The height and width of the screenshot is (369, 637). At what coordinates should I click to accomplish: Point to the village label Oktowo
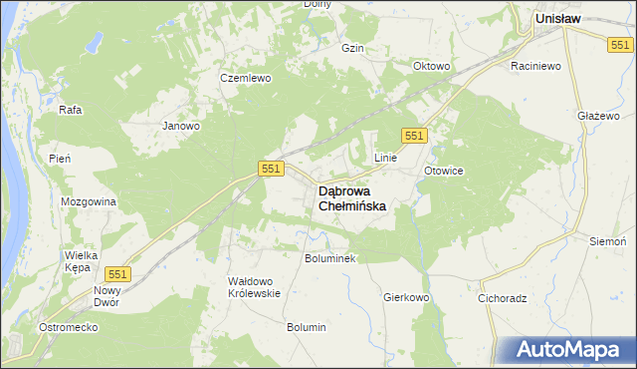tap(432, 67)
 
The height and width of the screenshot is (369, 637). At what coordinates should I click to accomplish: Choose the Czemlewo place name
tap(246, 78)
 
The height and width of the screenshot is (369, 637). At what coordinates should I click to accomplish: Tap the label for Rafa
tap(70, 110)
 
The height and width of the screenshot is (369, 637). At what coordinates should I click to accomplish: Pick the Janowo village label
tap(182, 127)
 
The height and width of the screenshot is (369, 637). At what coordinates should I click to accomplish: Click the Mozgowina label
tap(89, 201)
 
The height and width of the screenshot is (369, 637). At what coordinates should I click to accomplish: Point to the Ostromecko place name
tap(66, 327)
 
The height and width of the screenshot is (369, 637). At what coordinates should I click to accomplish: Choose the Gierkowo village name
tap(406, 297)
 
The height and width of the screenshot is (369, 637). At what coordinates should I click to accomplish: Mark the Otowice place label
tap(444, 171)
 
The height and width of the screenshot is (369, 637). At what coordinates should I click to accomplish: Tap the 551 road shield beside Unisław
tap(622, 44)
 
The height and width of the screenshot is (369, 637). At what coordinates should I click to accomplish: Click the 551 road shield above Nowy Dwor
tap(118, 273)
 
